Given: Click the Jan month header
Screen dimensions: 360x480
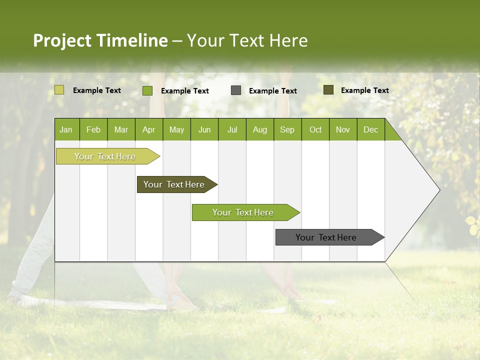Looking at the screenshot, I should tap(66, 130).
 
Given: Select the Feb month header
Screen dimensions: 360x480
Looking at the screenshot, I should tap(93, 130).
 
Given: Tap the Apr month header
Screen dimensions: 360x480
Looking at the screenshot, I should tap(148, 130).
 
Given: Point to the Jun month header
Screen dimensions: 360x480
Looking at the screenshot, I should tap(204, 130).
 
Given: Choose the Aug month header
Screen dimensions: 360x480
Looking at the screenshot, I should tap(259, 130).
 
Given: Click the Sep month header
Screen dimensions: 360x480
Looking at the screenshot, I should tap(287, 130).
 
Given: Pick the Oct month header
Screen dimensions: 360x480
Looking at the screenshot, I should tap(315, 130).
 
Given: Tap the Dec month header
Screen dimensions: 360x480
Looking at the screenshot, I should tap(370, 130).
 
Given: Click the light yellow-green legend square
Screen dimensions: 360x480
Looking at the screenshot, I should tap(59, 90).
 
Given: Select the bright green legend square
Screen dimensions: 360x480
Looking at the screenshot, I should tap(147, 90).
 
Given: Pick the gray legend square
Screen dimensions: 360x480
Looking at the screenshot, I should tap(236, 90).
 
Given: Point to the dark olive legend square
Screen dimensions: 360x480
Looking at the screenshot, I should tap(328, 90).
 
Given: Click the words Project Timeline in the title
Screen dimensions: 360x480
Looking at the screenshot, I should tap(100, 40).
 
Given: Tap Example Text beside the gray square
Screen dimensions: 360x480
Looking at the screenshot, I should tap(272, 91).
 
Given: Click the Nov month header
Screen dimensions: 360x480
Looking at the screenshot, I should tap(342, 130).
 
